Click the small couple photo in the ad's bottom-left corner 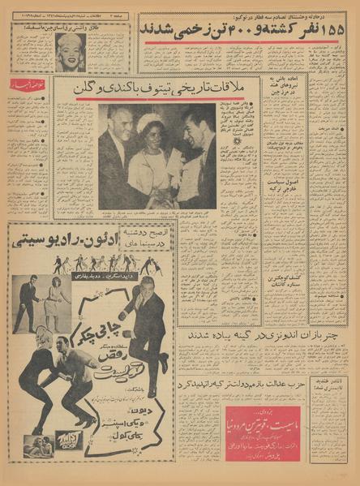pyautogui.click(x=32, y=444)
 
